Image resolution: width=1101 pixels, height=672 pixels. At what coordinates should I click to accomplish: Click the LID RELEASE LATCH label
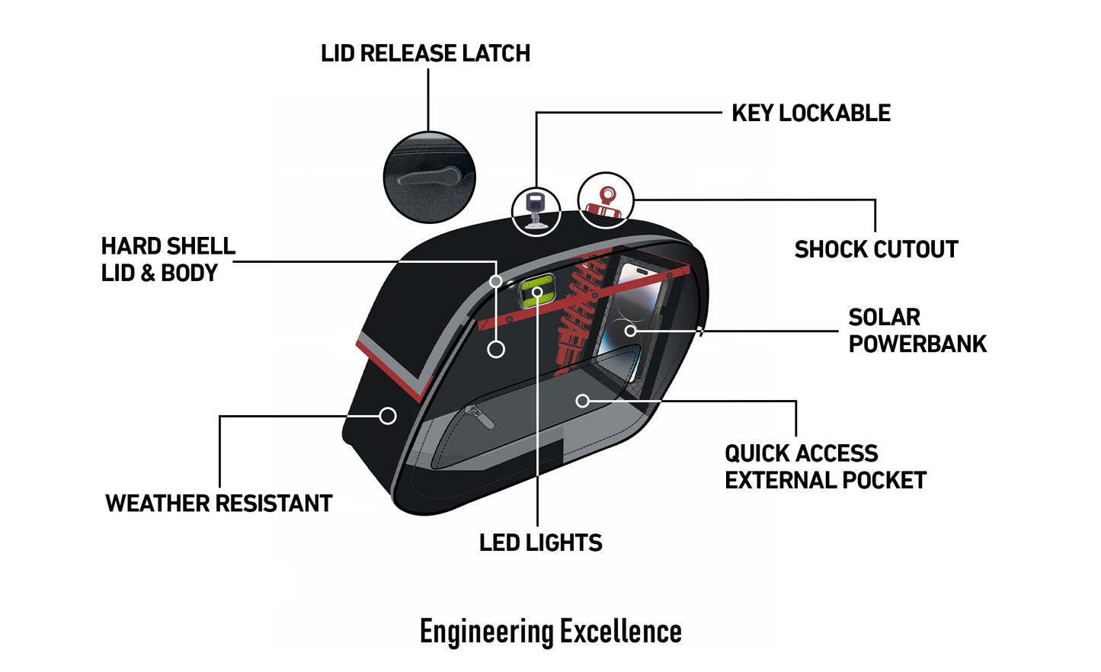425,53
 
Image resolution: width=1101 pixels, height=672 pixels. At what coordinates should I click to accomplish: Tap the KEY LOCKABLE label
811,114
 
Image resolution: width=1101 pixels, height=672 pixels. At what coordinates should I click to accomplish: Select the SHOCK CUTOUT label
875,249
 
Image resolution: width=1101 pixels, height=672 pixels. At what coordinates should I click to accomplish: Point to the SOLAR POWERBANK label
917,331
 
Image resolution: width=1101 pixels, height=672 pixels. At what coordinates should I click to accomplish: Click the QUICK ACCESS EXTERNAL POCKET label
824,466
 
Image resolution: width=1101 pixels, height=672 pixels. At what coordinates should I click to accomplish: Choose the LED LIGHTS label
540,542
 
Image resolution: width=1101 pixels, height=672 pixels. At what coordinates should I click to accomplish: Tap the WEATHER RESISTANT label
219,504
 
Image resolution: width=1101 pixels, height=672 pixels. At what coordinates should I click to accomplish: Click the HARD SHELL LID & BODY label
168,259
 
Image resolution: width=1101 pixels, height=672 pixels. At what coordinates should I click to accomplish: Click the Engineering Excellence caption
550,632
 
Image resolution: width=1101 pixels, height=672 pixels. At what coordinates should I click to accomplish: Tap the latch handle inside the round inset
429,178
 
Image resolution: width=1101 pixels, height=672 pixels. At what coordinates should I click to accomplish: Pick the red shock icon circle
606,200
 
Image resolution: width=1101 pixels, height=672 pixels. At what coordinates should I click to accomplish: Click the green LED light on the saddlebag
536,292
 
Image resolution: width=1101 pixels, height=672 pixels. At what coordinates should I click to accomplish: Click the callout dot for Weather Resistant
388,416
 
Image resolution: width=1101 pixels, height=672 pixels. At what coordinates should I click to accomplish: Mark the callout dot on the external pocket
583,401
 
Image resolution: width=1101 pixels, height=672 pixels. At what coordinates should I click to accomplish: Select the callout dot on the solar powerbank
630,331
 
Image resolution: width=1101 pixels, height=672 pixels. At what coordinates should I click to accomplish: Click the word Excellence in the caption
620,632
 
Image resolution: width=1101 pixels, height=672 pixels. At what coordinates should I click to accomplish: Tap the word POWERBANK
917,344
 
